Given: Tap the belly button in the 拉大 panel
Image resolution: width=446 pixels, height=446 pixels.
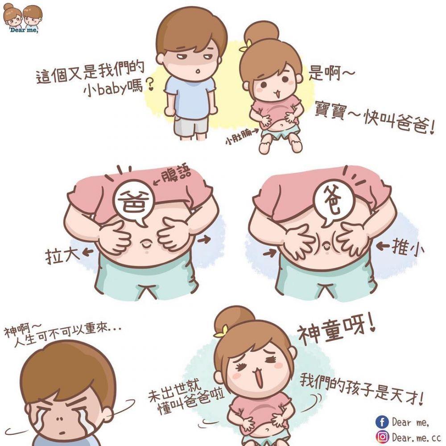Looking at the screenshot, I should pyautogui.click(x=146, y=243).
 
